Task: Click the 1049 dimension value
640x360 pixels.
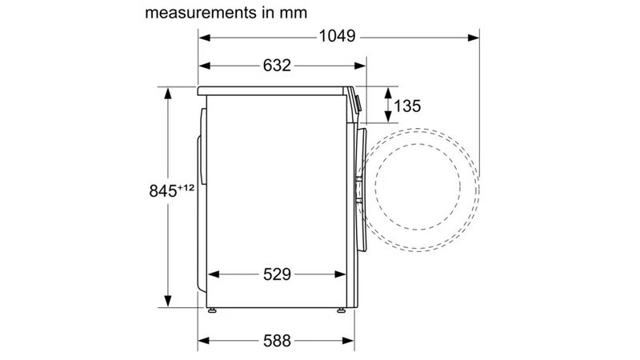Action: tap(337, 36)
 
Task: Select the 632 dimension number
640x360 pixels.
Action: tap(277, 66)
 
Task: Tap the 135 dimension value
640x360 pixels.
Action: tap(407, 106)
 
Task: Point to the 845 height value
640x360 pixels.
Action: tap(163, 191)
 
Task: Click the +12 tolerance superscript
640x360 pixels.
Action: tap(186, 188)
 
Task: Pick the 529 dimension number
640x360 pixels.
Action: tap(277, 274)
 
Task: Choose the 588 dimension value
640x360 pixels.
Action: tap(277, 341)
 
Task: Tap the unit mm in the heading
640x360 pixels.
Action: tap(293, 13)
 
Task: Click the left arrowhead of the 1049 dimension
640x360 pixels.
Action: tap(205, 38)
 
